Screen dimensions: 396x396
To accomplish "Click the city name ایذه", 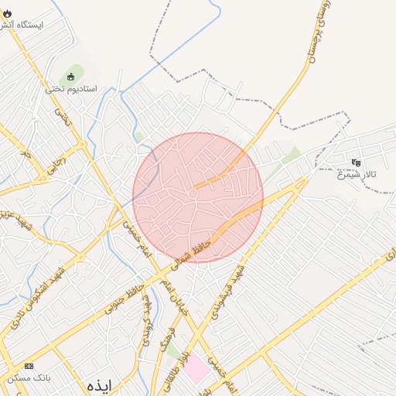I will click(x=100, y=384).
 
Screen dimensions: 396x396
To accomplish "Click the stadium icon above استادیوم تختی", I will click(x=71, y=77).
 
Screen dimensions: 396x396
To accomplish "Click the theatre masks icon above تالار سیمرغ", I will click(x=356, y=162).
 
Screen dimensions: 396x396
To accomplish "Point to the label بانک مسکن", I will click(x=29, y=378).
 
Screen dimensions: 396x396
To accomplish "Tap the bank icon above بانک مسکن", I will click(x=29, y=366).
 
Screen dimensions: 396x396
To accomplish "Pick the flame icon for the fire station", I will click(x=8, y=13).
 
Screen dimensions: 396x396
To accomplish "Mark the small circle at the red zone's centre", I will click(x=193, y=194).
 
